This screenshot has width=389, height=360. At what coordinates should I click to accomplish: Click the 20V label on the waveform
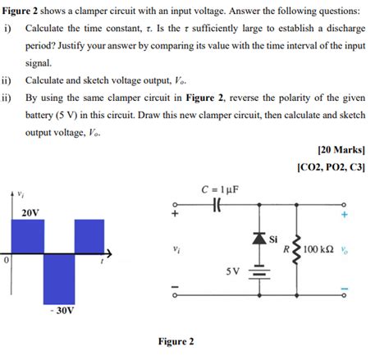(x=31, y=212)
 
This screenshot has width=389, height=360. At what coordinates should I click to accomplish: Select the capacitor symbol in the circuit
(x=217, y=204)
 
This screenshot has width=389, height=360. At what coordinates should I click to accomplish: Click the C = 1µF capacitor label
(x=218, y=189)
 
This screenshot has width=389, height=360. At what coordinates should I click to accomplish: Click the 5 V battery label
(x=233, y=268)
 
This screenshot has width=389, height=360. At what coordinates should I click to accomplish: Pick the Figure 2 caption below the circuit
(x=174, y=341)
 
